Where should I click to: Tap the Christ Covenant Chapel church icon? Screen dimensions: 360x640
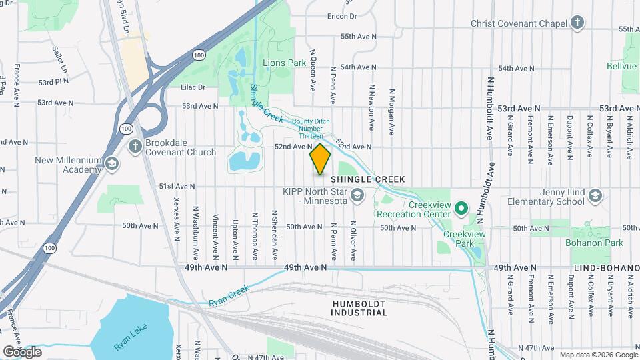click(x=577, y=23)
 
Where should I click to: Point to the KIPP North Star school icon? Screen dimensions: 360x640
click(x=357, y=195)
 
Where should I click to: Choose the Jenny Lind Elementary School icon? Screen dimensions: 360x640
click(x=595, y=195)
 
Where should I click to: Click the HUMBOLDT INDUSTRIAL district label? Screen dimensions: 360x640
click(x=359, y=307)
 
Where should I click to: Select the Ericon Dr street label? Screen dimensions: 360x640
click(x=342, y=15)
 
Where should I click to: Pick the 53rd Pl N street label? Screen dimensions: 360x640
click(x=53, y=82)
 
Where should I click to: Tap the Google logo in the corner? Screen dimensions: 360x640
click(x=22, y=351)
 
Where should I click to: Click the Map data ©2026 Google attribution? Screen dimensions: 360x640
click(x=598, y=355)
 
